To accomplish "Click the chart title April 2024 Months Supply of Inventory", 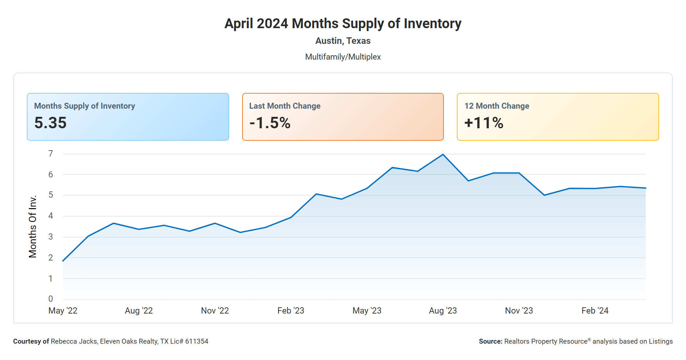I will [x=343, y=24].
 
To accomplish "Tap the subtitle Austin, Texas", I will [x=343, y=41].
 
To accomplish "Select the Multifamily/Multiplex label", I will [x=343, y=57].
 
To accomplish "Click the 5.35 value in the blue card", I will [x=50, y=123].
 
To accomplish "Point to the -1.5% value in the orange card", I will [x=270, y=123].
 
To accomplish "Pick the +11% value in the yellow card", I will [x=484, y=123].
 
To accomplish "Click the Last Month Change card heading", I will [x=285, y=106].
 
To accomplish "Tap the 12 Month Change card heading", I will [x=496, y=106].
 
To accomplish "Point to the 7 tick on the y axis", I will [x=51, y=153].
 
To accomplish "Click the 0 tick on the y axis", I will [x=51, y=299].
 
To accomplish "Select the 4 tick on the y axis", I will [x=51, y=216].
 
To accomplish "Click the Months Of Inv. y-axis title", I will [x=32, y=226].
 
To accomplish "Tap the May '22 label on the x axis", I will [x=63, y=311].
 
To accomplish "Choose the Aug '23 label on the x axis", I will [x=443, y=311].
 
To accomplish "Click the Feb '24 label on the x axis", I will [x=595, y=311].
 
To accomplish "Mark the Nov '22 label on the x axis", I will [x=215, y=311].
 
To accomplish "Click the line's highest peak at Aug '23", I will [x=443, y=154].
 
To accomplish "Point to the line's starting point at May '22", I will [x=63, y=261].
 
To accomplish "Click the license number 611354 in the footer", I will [x=197, y=341].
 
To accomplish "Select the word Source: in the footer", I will [x=490, y=341].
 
